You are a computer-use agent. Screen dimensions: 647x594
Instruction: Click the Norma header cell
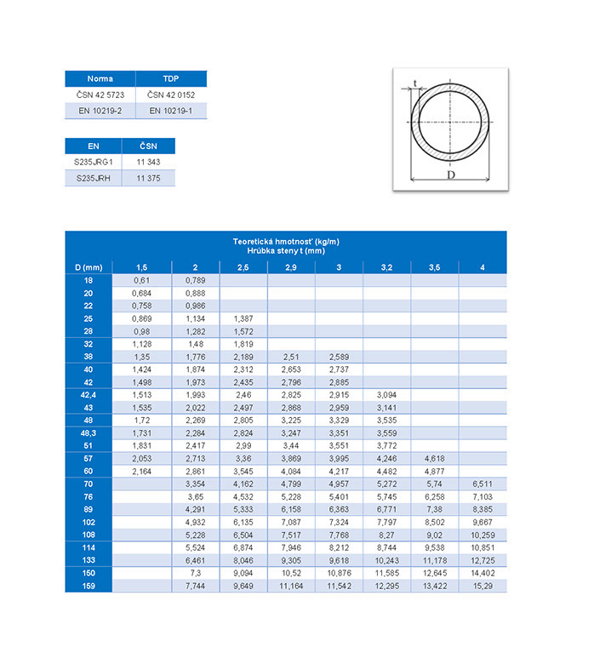(100, 78)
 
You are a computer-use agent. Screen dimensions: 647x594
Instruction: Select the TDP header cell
(171, 78)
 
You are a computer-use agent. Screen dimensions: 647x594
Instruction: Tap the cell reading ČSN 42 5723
(100, 94)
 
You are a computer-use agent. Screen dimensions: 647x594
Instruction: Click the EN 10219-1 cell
(171, 110)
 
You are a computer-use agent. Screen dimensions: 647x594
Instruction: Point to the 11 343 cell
(148, 161)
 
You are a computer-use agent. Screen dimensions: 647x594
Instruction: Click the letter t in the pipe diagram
(414, 83)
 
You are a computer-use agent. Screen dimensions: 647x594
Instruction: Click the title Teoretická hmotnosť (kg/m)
(285, 242)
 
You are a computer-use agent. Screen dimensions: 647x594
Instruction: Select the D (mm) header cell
(89, 268)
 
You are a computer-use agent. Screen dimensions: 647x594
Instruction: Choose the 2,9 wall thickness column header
(291, 268)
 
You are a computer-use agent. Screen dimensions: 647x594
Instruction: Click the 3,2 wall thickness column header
(386, 268)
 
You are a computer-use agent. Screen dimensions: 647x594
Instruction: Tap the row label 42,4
(89, 394)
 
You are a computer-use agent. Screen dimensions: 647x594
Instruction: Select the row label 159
(89, 587)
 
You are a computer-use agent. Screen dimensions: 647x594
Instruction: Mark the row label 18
(89, 280)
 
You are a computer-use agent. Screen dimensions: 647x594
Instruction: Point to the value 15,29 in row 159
(482, 587)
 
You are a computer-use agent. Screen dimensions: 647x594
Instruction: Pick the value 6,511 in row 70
(482, 484)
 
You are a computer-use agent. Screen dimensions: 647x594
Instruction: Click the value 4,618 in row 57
(434, 458)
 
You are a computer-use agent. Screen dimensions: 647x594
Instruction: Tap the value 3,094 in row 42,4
(386, 394)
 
